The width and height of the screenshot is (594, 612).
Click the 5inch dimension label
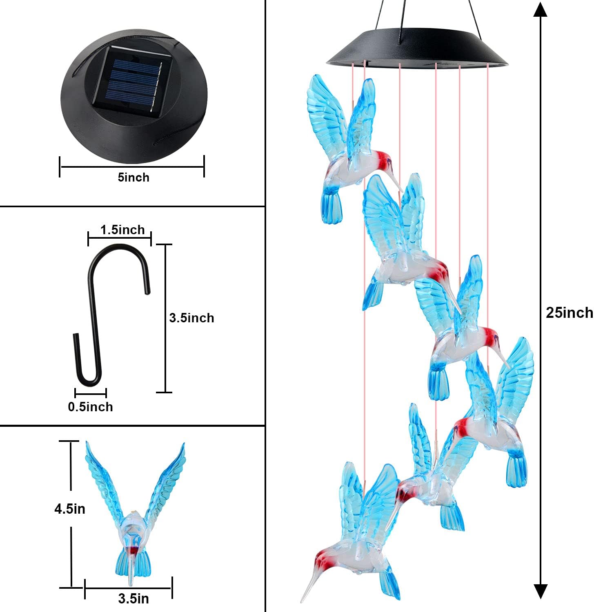point(133,177)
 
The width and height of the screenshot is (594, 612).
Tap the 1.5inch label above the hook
point(122,230)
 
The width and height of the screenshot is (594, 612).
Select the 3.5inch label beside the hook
point(191,318)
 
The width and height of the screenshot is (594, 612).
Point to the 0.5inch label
point(90,407)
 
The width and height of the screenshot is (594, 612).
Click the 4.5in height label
point(70,509)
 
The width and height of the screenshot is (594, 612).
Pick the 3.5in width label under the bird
point(133,599)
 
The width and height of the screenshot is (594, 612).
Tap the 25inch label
point(569,313)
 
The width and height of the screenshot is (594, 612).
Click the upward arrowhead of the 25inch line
point(540,9)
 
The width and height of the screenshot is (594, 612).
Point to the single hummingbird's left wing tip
point(87,443)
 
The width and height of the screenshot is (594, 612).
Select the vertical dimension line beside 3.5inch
point(165,318)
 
